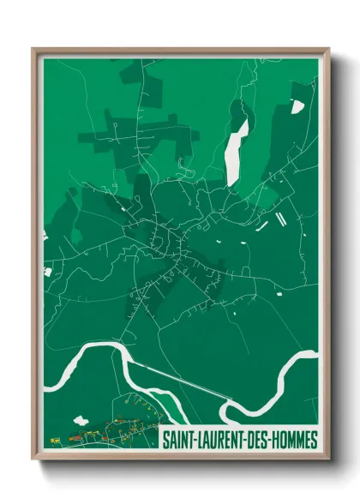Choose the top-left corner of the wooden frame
click(x=34, y=50)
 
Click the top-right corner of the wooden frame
click(x=327, y=50)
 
